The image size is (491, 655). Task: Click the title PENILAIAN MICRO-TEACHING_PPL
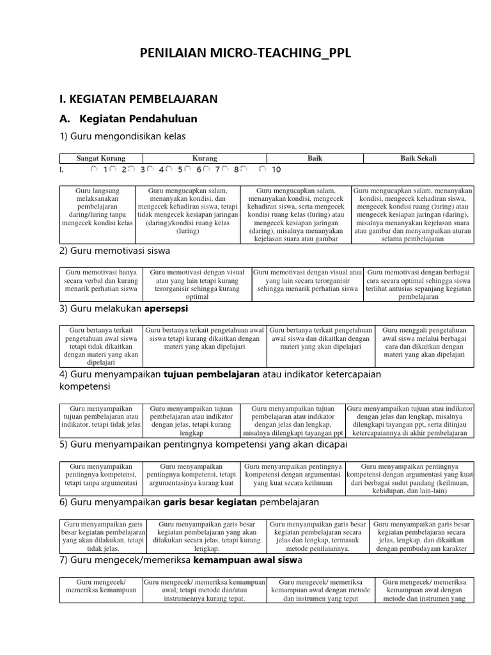(x=245, y=53)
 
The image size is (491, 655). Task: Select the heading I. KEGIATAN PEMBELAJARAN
(x=138, y=99)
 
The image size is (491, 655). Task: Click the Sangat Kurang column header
(x=101, y=159)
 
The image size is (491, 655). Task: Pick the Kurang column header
(x=205, y=159)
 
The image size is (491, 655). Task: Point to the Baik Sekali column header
(x=418, y=159)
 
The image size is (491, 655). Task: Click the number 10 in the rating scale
(x=276, y=170)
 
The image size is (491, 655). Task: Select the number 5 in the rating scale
(x=180, y=170)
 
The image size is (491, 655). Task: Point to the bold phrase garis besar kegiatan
(x=205, y=503)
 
